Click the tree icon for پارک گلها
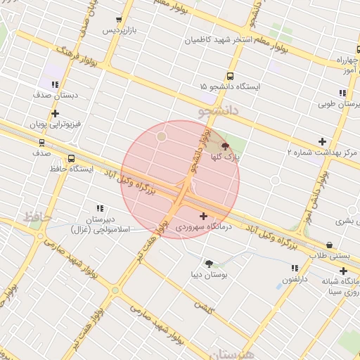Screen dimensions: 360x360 click(x=225, y=146)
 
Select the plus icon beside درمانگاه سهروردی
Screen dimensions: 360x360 click(x=204, y=216)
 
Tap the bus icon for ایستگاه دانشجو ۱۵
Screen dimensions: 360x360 click(x=230, y=76)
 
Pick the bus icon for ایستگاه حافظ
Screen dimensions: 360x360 click(x=72, y=158)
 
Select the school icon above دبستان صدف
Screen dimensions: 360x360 click(x=55, y=82)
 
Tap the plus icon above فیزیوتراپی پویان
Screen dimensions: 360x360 click(x=55, y=112)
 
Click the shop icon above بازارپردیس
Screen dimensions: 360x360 click(x=118, y=19)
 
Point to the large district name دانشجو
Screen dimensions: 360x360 click(x=219, y=111)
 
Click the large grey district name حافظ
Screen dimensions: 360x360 click(x=37, y=217)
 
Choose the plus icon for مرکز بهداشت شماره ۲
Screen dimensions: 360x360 click(x=323, y=141)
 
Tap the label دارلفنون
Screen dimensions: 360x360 click(x=296, y=279)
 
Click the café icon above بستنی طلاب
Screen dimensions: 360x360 click(x=330, y=244)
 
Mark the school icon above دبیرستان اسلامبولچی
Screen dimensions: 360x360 click(x=100, y=208)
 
